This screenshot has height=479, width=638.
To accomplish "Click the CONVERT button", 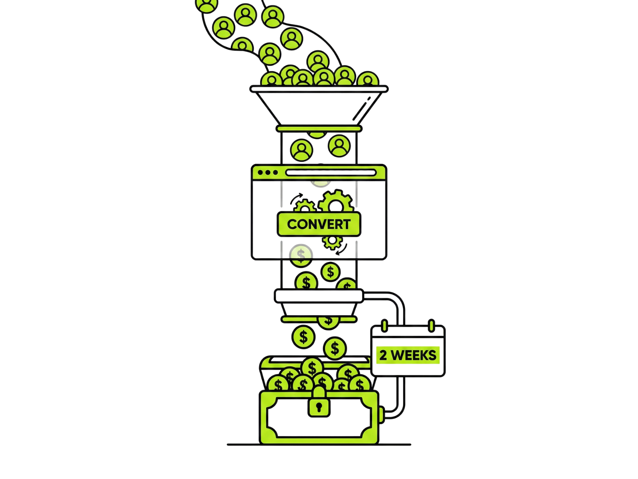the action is point(319,224).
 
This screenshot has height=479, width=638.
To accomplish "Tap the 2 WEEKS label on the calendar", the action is point(408,355).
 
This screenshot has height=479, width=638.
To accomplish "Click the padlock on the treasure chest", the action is point(319,402).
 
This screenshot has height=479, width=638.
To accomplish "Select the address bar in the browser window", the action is point(331,173).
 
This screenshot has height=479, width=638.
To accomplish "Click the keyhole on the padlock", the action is point(319,407).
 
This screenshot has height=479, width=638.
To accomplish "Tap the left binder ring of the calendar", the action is point(384,326).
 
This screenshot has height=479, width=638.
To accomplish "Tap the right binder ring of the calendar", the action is point(431,326).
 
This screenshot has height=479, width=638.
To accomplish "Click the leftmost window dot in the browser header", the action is point(260,172).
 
